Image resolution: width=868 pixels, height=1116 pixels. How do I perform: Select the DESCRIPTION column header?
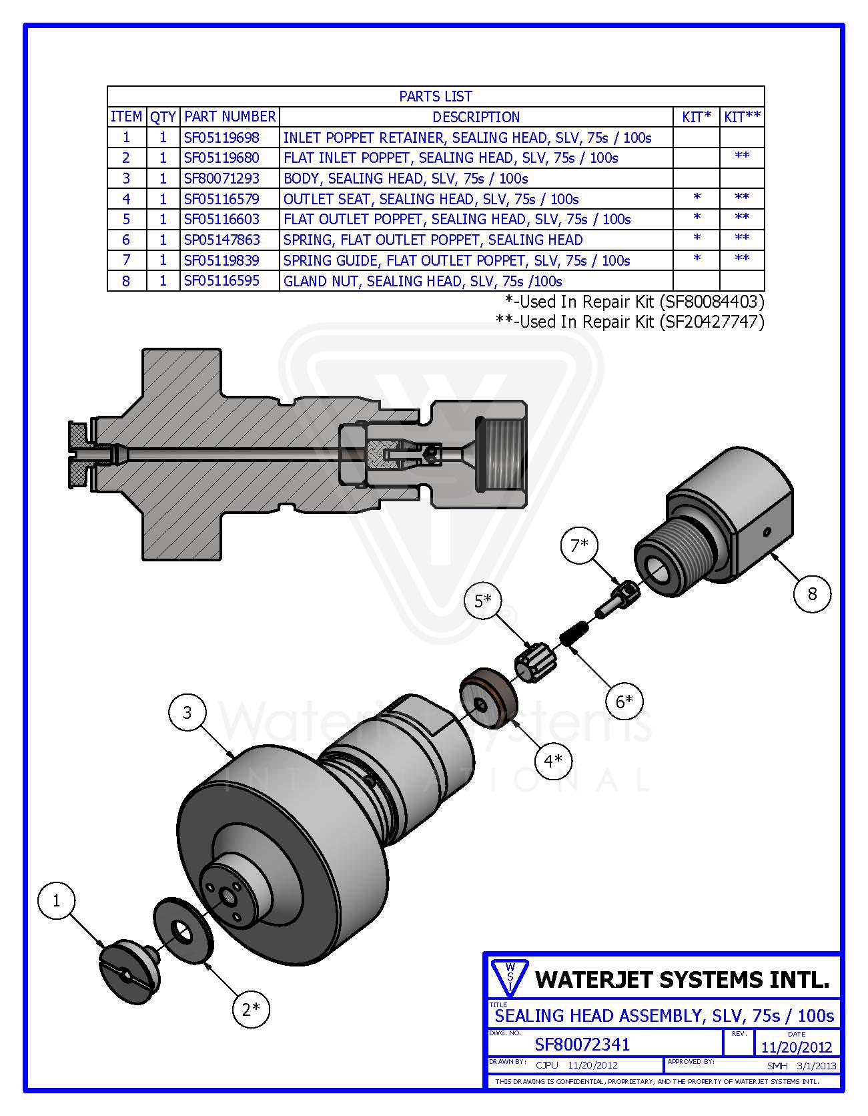pos(476,117)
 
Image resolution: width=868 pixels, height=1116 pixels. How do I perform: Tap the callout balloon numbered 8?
pos(812,593)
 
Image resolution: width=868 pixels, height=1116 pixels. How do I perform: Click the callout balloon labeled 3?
pos(187,713)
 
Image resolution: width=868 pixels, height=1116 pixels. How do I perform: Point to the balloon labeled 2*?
pos(251,1009)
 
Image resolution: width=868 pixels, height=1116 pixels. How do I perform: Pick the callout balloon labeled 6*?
pos(624,701)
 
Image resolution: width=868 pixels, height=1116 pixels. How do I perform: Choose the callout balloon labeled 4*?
pos(553,760)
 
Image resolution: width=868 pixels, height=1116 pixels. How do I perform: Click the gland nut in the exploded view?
pos(721,527)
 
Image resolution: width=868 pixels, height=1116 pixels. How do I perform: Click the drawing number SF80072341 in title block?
pos(582,1044)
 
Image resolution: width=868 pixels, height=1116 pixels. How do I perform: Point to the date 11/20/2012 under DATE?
pos(797,1047)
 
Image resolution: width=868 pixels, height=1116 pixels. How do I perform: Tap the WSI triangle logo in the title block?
pos(509,977)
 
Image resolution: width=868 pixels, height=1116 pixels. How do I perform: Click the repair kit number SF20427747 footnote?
pos(711,322)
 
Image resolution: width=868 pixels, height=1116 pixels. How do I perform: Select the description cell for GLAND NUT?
pos(422,281)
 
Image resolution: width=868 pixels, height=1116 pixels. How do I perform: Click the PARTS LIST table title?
pos(435,96)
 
